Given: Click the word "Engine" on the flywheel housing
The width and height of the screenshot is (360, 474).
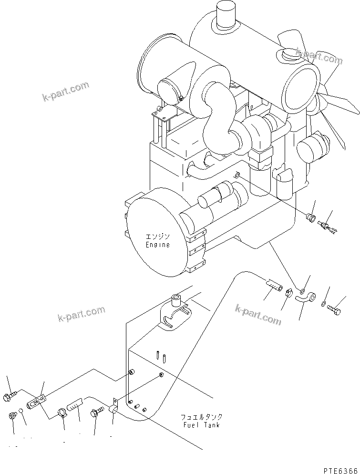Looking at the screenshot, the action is pos(157,245).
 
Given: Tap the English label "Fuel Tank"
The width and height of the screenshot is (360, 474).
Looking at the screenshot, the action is pos(201,425).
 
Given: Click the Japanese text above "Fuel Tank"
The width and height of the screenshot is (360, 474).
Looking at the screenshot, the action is pos(202,417).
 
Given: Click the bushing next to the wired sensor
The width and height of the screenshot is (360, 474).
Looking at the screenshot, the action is pos(310,216).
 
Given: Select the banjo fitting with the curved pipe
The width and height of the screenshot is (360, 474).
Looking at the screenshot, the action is pos(305,297).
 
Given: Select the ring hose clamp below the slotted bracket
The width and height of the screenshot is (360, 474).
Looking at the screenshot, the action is pos(62,413).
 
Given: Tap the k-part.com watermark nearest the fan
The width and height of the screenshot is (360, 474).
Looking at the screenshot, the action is pos(319,56).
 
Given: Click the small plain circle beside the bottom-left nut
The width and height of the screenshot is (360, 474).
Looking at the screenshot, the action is pos(20,410).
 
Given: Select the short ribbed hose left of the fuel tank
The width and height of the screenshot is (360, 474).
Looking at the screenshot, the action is pos(75,403).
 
